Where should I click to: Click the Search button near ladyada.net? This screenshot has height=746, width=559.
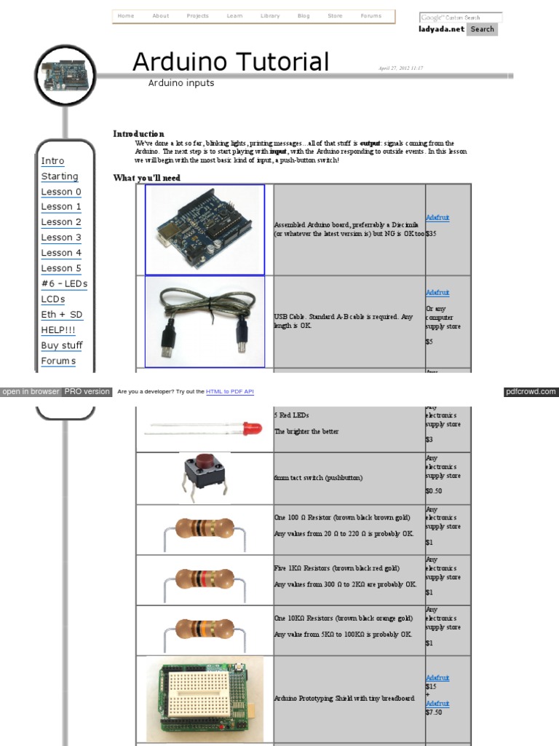482,29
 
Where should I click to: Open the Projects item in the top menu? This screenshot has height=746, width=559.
197,16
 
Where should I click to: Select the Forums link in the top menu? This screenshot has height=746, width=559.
370,16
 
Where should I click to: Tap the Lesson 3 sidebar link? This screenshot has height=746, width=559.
61,237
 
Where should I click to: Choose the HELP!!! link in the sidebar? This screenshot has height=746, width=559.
58,330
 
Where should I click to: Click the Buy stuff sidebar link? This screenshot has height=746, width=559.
62,345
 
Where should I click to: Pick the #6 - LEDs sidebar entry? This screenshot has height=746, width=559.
64,283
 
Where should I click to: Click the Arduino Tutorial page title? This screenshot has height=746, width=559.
231,62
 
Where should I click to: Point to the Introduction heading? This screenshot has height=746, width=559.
138,134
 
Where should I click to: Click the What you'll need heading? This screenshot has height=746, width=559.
146,178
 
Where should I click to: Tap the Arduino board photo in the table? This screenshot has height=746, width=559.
205,229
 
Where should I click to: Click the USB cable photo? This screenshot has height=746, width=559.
205,321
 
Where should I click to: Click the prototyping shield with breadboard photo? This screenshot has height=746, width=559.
205,698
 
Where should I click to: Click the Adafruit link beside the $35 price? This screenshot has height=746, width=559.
437,218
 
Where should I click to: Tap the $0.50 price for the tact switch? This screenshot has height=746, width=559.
434,491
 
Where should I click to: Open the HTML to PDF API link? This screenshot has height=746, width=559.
230,392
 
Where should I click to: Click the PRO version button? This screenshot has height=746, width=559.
87,392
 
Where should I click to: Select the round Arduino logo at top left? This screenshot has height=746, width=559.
66,75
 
